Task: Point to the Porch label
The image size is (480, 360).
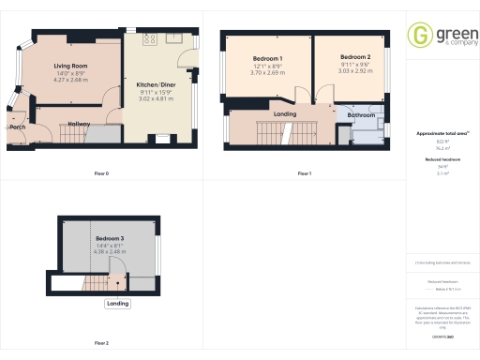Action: coord(18,127)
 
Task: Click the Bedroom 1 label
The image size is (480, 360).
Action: coord(268,58)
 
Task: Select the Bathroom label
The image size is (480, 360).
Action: coord(361,115)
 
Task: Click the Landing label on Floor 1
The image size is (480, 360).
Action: coord(285,114)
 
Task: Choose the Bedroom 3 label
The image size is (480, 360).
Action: coord(110,239)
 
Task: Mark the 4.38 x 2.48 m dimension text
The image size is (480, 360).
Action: coord(110,252)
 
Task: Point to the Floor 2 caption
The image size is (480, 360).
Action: coord(101,343)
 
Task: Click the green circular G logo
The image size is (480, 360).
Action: coord(419,36)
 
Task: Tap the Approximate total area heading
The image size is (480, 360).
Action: coord(442,134)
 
